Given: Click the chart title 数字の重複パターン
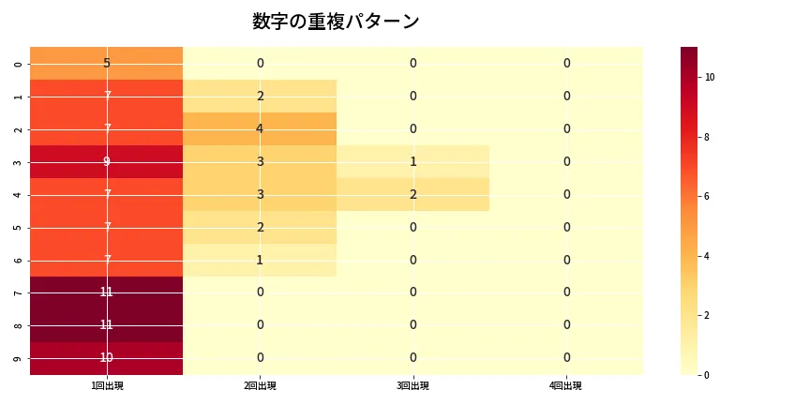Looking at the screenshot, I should tap(336, 22).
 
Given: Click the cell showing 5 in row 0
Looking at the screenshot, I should tap(106, 63).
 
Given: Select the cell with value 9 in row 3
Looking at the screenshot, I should tap(106, 161).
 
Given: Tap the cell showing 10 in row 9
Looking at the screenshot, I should tap(106, 357).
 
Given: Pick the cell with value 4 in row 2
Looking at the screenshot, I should tap(260, 128).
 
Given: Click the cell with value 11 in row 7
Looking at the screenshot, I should tap(106, 292).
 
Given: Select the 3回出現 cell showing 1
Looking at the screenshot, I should tap(412, 161).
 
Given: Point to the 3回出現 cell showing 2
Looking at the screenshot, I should tap(412, 194).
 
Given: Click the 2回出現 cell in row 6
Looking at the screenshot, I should tap(260, 260).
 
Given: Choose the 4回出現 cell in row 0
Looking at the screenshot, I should tap(566, 63).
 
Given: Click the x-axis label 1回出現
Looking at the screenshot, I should tap(106, 386).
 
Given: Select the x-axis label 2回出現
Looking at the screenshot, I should tap(260, 386).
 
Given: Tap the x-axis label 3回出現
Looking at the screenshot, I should tap(412, 386).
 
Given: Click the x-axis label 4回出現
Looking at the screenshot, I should tap(566, 386).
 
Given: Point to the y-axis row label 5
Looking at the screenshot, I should tap(18, 227).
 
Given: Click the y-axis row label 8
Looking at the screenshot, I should tap(18, 325).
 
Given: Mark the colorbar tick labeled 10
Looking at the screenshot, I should tap(710, 77).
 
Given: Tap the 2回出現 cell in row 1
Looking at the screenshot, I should tap(260, 96).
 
